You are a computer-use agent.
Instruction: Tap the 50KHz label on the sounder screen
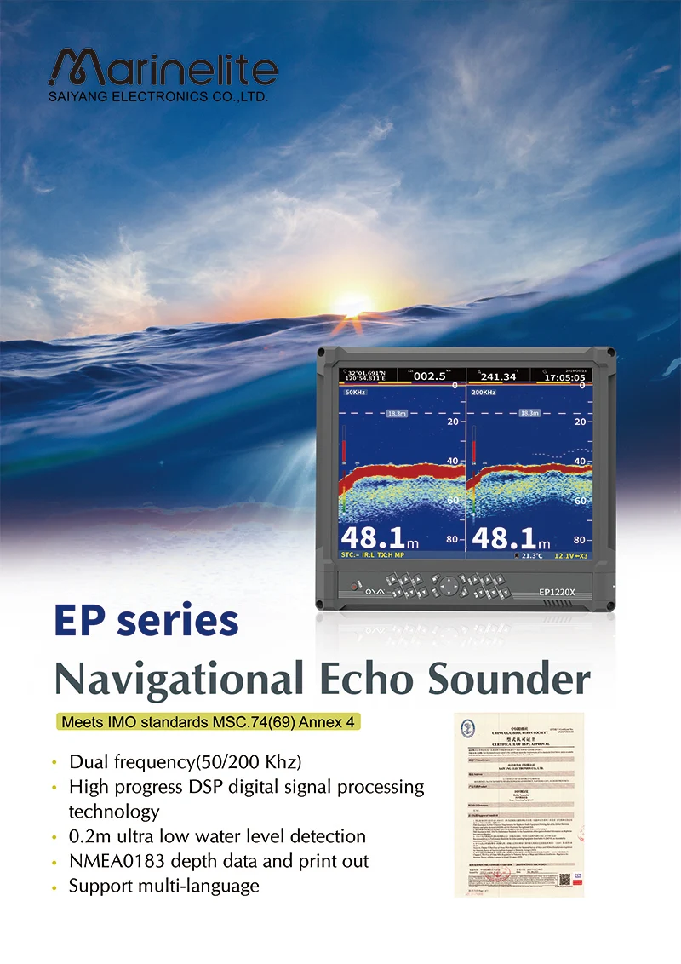point(356,393)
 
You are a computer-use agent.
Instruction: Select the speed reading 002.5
point(430,376)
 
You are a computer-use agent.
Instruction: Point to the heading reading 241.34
point(499,376)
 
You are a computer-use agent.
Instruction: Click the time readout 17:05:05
point(565,376)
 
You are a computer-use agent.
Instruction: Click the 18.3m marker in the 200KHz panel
point(529,413)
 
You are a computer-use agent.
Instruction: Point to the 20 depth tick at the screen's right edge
point(580,422)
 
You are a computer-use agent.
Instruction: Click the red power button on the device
point(352,586)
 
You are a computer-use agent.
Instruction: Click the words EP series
point(146,622)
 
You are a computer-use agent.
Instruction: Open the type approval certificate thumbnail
point(518,802)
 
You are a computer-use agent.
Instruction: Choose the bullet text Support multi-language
point(163,886)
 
